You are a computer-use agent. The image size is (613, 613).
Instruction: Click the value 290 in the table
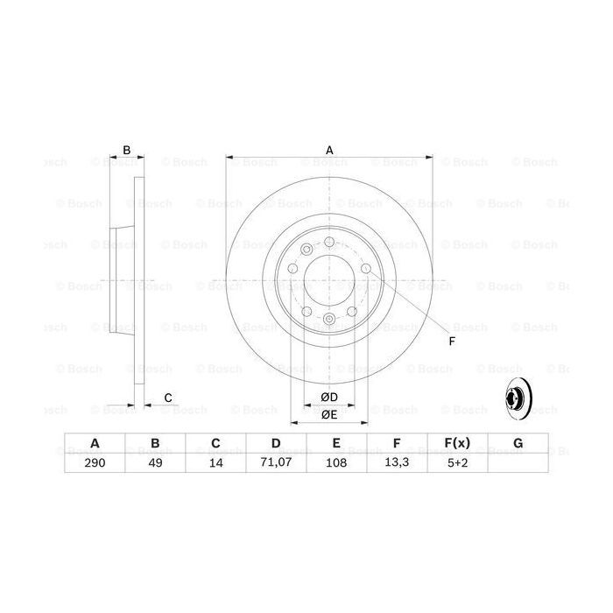pos(94,463)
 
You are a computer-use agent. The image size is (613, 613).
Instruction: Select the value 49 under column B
pos(154,463)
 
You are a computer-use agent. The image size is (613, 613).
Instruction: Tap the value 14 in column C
pos(215,463)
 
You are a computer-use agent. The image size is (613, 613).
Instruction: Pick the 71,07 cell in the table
pos(275,463)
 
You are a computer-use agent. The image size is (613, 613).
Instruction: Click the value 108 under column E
pos(336,463)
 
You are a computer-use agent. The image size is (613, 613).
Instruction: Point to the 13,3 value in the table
pos(397,463)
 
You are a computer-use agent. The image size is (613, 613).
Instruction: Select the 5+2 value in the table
pos(457,463)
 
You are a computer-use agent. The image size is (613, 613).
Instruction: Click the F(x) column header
pos(457,443)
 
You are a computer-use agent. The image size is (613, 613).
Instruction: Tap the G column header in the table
pos(518,443)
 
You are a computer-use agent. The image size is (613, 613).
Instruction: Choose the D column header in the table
pos(275,443)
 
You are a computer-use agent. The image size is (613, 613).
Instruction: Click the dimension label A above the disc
pos(330,150)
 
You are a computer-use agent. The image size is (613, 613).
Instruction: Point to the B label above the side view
pos(126,150)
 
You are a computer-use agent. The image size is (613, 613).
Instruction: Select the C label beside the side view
pos(167,398)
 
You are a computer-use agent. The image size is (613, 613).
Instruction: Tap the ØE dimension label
pos(329,414)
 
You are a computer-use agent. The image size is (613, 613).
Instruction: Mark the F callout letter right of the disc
pos(451,341)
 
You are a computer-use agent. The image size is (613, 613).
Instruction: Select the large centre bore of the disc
pos(329,282)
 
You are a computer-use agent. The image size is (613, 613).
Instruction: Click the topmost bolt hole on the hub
pos(329,243)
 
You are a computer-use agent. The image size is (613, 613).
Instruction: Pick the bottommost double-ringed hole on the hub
pos(329,321)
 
